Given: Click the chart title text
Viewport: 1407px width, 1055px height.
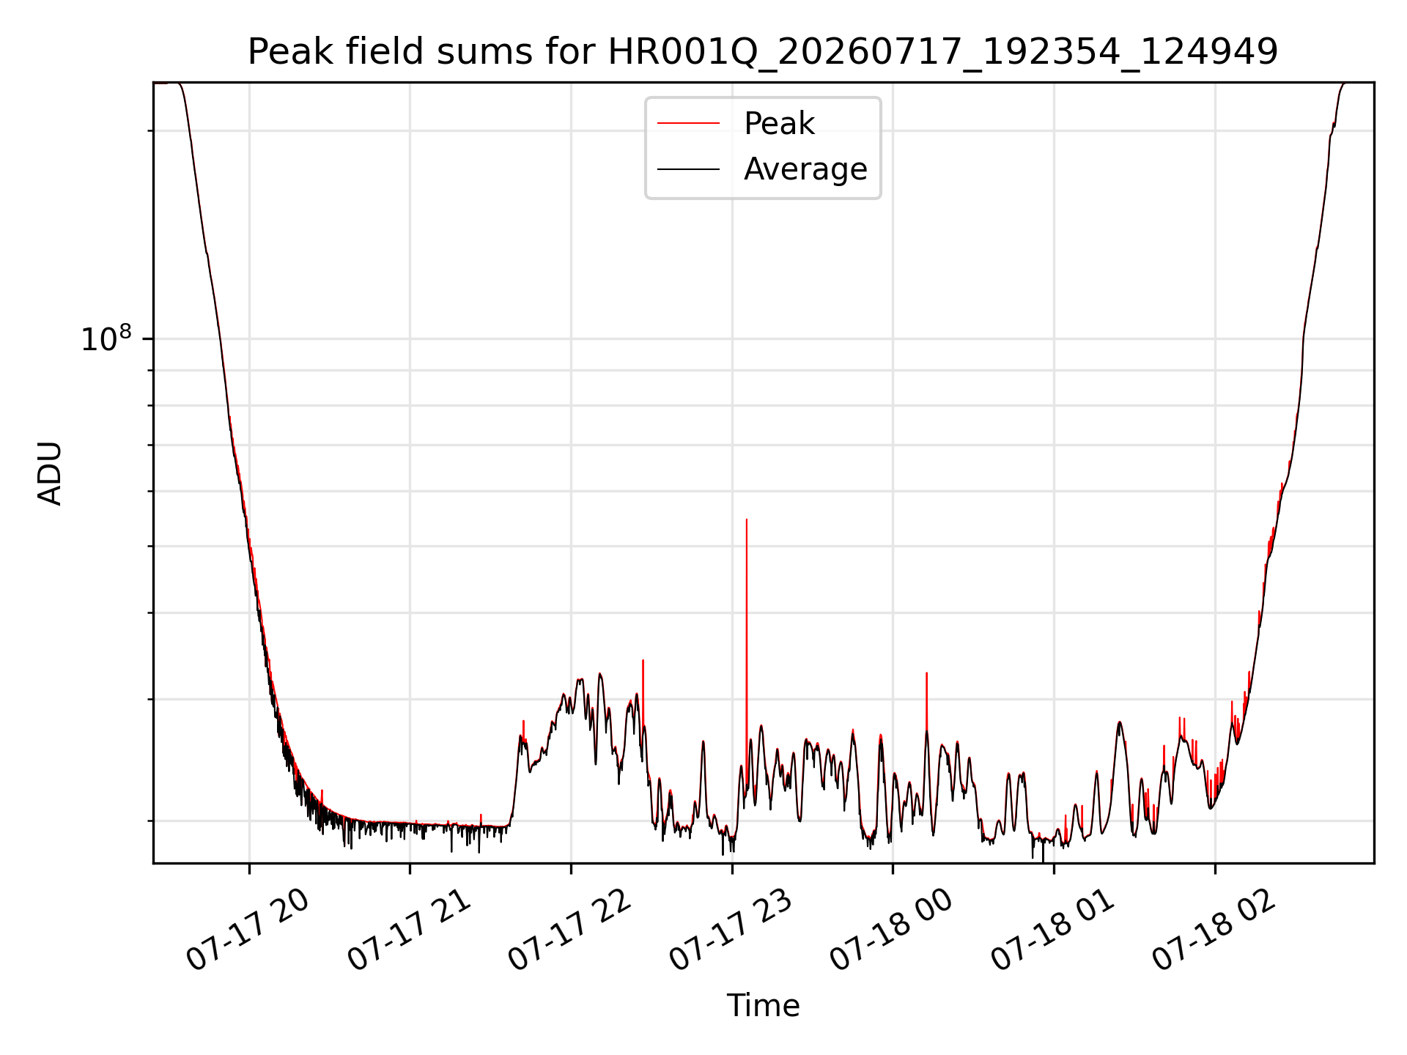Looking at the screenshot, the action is point(763,52).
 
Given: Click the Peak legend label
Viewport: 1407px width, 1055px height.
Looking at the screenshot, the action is point(779,124).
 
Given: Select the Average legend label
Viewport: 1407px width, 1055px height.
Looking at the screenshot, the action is point(805,169).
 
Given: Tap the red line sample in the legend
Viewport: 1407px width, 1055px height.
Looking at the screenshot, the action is point(688,124).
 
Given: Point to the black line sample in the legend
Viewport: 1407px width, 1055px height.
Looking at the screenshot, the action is point(688,169).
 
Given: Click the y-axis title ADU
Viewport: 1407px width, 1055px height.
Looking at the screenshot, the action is point(50,473).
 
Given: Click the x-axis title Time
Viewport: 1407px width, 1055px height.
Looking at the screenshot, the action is point(763,1006).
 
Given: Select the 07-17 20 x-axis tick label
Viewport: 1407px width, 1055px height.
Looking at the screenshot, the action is point(248,930).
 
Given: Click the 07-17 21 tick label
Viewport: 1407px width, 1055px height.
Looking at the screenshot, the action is point(408,930).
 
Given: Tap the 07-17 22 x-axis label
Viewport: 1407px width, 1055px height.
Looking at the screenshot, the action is point(569,930).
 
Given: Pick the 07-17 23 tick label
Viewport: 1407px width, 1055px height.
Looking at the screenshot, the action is point(731,930).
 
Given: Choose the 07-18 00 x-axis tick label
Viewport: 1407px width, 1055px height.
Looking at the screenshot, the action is point(891,930).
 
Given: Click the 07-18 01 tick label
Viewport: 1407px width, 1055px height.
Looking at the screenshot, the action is point(1052,930).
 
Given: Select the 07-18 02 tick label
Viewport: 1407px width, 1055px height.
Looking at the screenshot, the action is point(1214,930).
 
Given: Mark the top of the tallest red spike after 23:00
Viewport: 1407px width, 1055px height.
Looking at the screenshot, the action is point(747,519).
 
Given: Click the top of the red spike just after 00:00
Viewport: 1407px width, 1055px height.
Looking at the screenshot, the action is point(927,673).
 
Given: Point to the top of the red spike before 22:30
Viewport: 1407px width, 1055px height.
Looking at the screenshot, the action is point(643,660).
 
